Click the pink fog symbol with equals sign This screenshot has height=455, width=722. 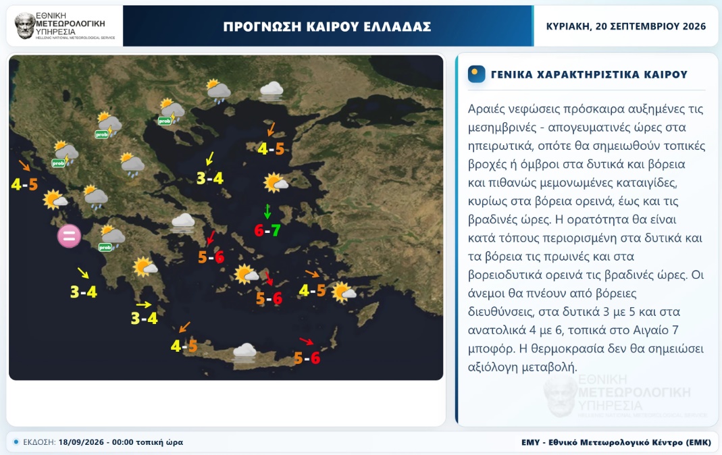69,236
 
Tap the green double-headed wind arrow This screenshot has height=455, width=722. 267,211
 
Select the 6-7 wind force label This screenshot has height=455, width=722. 267,230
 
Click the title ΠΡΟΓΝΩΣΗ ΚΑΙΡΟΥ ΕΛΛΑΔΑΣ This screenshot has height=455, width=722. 327,27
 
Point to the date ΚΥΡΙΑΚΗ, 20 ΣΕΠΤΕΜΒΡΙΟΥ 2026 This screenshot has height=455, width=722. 626,26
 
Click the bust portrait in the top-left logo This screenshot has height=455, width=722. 25,26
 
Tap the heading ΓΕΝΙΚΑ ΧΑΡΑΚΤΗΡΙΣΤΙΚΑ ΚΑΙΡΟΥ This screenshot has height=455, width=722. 589,74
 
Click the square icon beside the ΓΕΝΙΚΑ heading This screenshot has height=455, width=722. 477,74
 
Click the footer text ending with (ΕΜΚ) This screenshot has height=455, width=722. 616,442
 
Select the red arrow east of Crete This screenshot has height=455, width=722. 306,341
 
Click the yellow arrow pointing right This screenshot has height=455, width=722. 144,304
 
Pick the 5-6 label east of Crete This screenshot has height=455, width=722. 307,358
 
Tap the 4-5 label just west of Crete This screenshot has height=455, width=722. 184,346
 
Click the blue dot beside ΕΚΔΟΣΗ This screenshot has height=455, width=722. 16,442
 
